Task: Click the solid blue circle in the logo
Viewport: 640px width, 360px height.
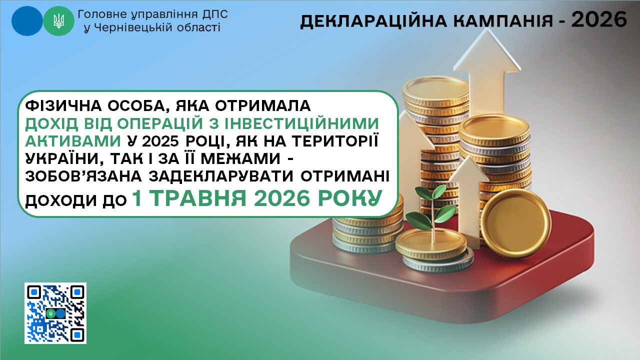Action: tap(27, 21)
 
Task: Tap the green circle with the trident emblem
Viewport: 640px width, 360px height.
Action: tap(59, 21)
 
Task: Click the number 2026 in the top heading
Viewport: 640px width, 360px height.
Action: tap(599, 19)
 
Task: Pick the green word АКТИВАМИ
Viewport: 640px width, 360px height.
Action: tap(73, 141)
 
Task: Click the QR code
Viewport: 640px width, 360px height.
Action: tap(55, 313)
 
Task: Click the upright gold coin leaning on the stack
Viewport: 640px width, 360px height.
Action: tap(515, 223)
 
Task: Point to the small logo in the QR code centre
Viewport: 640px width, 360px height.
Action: tap(55, 313)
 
